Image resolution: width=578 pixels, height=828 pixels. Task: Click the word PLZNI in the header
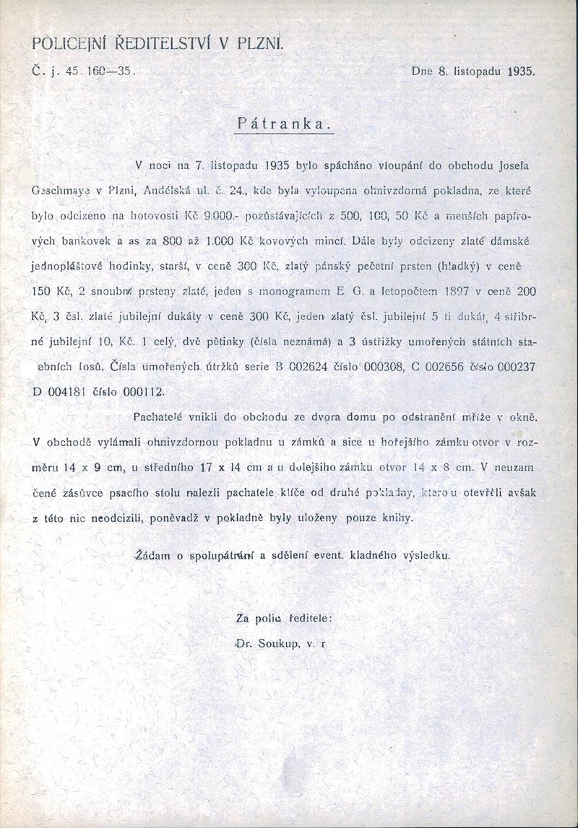(x=261, y=44)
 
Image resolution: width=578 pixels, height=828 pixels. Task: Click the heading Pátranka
(x=284, y=123)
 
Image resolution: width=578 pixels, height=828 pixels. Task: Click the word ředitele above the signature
(x=311, y=618)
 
